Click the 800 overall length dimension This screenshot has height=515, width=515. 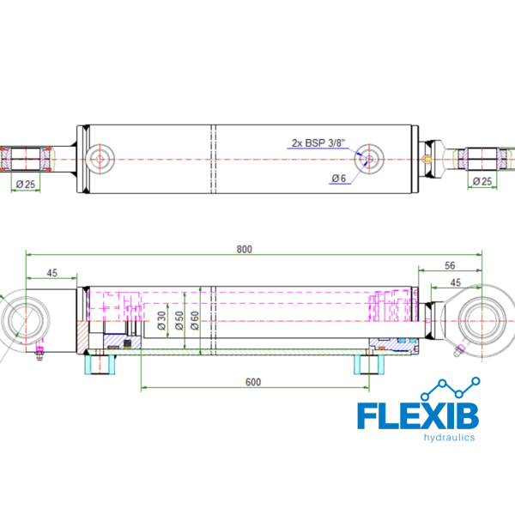pos(245,249)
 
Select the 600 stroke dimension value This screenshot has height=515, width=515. pos(253,382)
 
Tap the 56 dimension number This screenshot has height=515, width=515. pos(450,265)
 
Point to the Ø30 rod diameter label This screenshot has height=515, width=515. pos(161,320)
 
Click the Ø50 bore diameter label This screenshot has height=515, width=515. pos(179,320)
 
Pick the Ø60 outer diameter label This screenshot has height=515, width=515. pos(195,320)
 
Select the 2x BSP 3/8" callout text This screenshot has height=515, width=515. pos(318,142)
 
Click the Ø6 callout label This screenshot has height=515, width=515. pos(339,179)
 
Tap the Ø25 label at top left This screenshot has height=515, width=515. pos(26,185)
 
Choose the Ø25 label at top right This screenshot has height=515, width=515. pos(482,181)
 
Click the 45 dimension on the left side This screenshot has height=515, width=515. pos(51,273)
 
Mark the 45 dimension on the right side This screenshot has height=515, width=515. pos(456,282)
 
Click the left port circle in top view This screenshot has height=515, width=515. pos(100,160)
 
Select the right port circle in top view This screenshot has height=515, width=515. pos(369,160)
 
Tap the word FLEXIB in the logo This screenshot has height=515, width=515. pos(418,416)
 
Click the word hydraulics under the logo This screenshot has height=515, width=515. pos(449,437)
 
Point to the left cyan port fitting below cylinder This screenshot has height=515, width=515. pos(100,364)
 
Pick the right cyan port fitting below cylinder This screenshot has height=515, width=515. pos(369,364)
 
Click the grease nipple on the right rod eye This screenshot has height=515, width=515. pos(459,350)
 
